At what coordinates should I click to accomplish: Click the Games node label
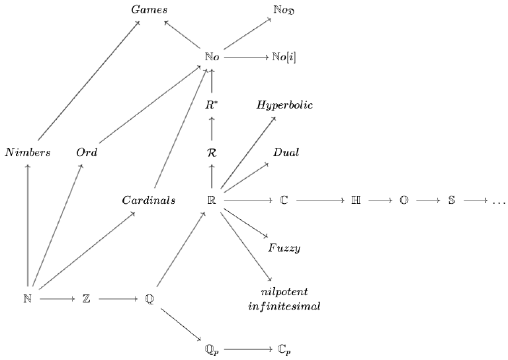(x=149, y=10)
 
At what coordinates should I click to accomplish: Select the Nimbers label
(x=27, y=152)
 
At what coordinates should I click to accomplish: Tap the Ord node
(x=87, y=152)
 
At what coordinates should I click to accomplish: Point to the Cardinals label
(x=148, y=200)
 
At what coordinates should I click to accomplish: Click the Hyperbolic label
(x=284, y=105)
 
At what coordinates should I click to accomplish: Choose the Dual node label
(x=286, y=152)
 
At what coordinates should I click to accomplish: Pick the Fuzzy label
(x=284, y=248)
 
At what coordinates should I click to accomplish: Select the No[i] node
(x=284, y=58)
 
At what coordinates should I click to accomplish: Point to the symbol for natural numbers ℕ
(x=27, y=299)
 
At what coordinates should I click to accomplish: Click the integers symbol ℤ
(x=87, y=299)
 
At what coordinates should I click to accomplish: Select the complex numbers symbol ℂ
(x=284, y=200)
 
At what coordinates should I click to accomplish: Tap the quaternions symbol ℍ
(x=356, y=200)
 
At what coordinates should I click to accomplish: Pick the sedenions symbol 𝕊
(x=451, y=200)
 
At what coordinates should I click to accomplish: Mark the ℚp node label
(x=212, y=348)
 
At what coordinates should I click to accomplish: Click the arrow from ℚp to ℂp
(x=247, y=348)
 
